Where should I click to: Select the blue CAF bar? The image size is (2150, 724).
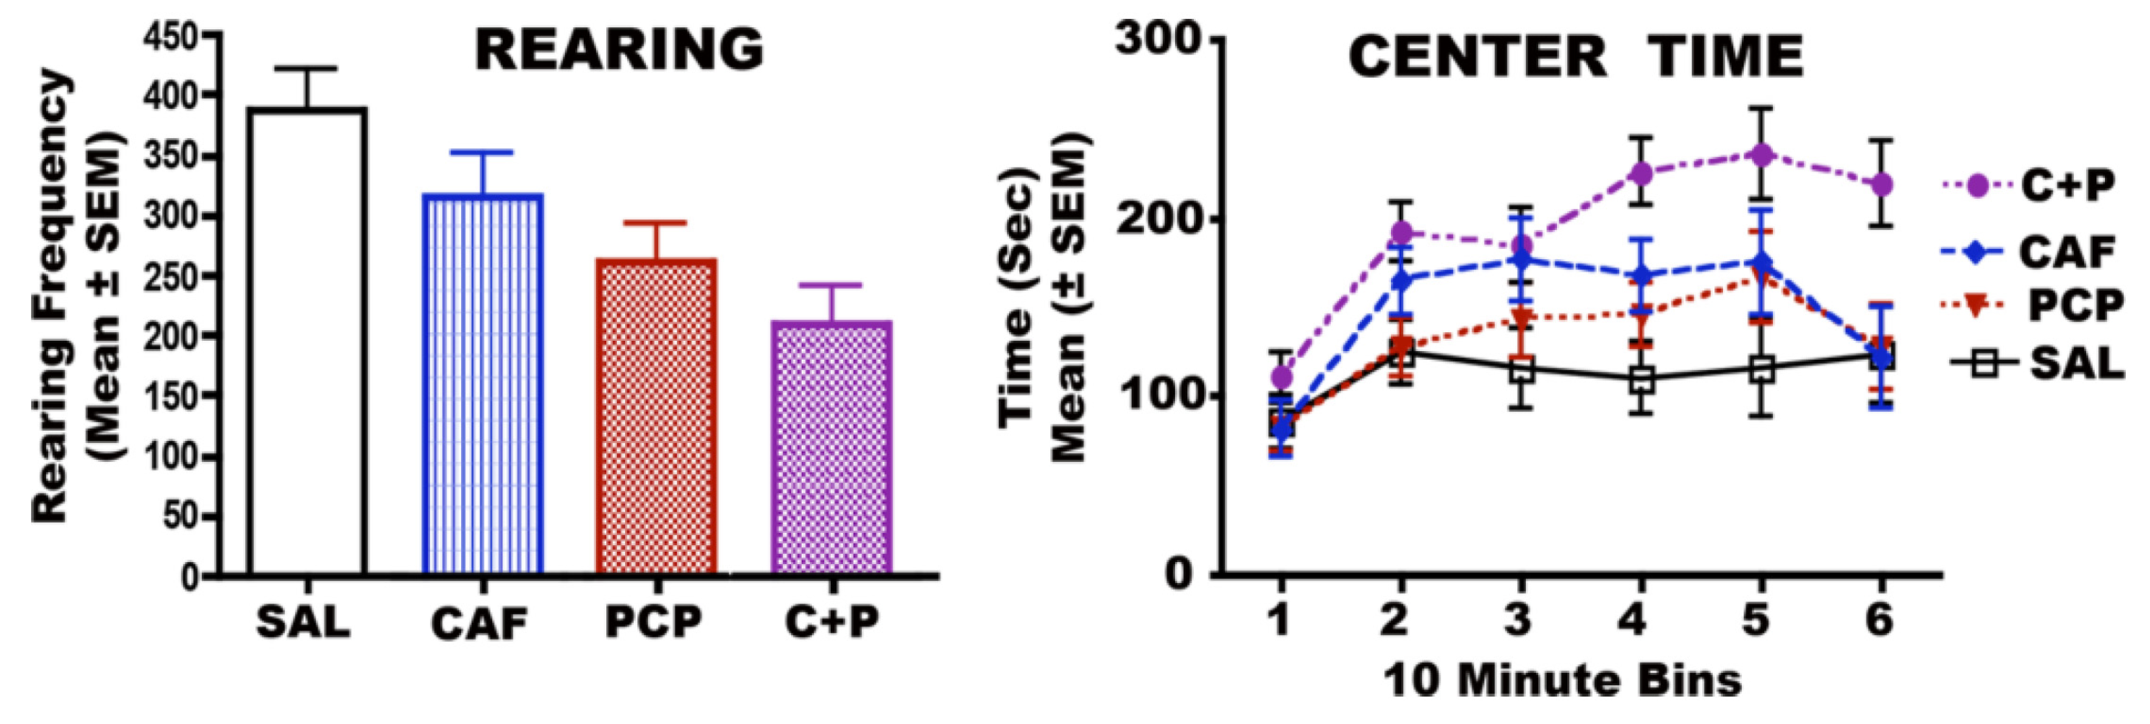pyautogui.click(x=484, y=384)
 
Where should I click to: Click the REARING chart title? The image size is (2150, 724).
pyautogui.click(x=619, y=50)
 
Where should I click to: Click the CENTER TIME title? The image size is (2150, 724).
pyautogui.click(x=1576, y=57)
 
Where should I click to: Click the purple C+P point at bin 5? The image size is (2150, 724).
pyautogui.click(x=1758, y=155)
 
